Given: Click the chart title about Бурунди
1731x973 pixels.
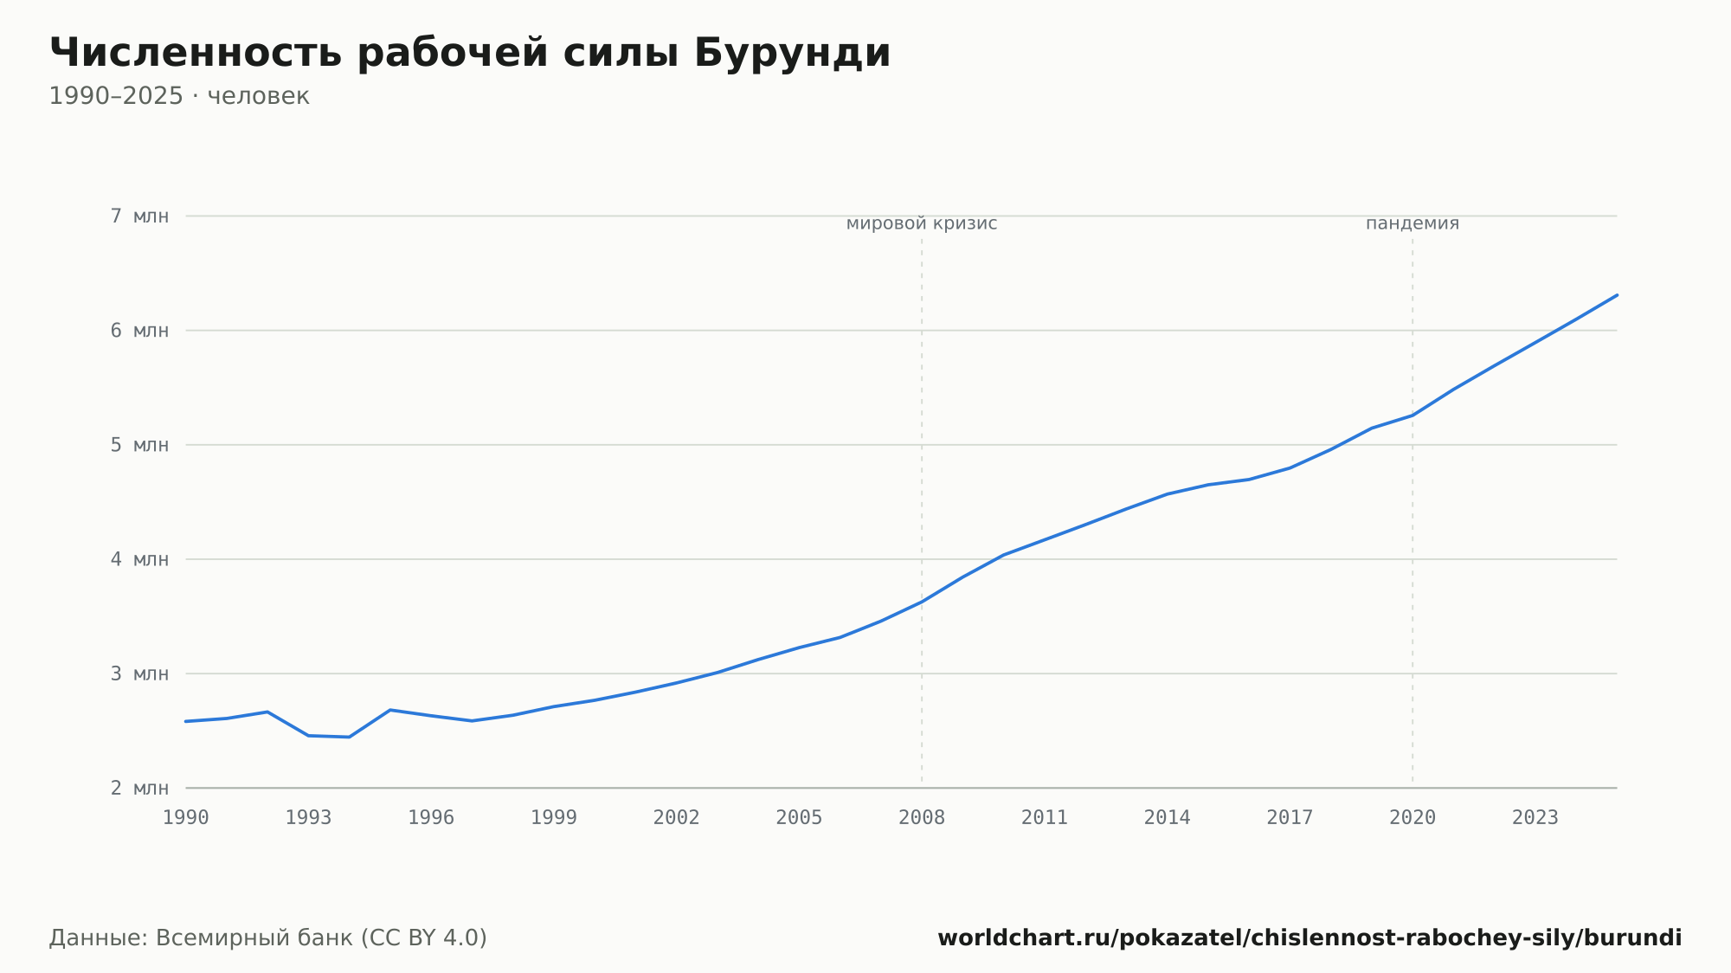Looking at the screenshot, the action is [470, 54].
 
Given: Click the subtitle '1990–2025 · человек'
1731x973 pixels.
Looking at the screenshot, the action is [179, 96].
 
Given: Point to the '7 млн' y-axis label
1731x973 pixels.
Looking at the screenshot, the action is [139, 216].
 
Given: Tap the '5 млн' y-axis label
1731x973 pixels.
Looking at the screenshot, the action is [139, 445].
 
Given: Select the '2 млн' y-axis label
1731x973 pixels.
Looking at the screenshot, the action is [139, 788].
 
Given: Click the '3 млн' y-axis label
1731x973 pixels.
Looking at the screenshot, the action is [139, 673].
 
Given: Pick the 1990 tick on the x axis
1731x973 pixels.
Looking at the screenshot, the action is [186, 818].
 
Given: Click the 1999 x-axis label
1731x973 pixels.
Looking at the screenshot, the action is [554, 818].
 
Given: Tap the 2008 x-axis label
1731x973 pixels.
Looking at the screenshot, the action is [922, 818].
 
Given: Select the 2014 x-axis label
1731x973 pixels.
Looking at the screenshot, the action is [1168, 818].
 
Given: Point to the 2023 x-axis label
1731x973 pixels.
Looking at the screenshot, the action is [1535, 818].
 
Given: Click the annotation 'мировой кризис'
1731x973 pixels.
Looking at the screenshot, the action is [922, 224].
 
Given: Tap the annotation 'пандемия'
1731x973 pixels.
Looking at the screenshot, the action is [1412, 224].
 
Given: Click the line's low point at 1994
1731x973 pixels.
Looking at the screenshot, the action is [349, 737].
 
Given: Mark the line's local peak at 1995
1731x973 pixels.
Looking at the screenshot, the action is [390, 710].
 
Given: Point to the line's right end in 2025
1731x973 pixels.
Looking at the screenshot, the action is [1617, 295].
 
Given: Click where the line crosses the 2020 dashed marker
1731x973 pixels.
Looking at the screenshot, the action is [1412, 416].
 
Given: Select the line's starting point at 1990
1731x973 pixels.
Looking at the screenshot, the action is [186, 721].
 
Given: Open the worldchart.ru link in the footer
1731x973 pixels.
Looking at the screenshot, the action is [1310, 938].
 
